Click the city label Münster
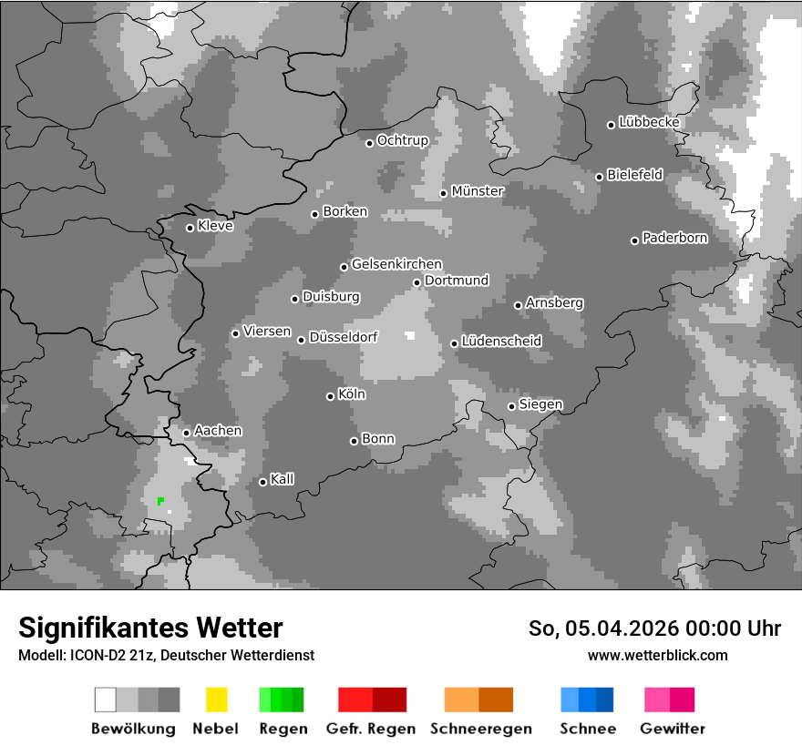478,191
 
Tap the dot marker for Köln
330,396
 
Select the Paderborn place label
674,239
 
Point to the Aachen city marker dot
186,433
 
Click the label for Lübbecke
649,122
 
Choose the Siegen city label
540,404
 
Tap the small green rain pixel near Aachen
160,500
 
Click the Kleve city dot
190,228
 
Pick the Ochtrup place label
402,141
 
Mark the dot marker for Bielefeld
599,177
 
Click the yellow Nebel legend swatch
216,700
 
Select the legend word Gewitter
673,729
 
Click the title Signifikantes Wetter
150,628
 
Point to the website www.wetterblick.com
657,655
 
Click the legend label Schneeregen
479,729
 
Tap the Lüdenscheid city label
501,342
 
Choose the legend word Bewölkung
133,729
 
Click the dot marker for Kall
262,482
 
